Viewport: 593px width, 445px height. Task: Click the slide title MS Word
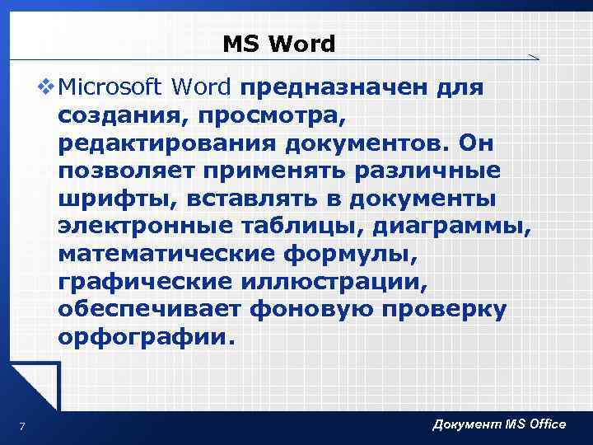278,44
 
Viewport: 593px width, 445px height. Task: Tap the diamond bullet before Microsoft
46,87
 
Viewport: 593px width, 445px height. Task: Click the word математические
166,256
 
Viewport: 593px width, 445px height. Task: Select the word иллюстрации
337,284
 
